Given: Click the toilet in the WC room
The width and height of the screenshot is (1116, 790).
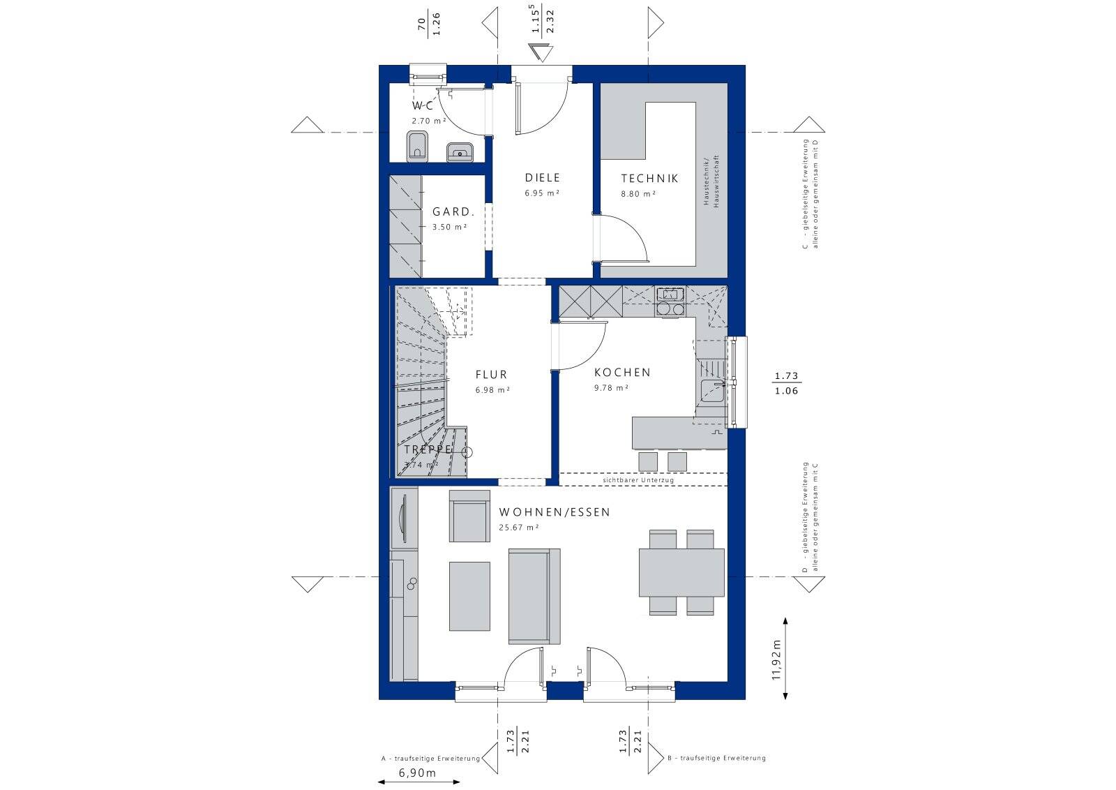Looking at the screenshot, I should click(417, 146).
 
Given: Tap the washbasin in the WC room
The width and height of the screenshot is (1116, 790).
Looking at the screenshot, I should click(459, 151).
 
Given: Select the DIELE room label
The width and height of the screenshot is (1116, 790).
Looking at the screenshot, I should click(543, 178).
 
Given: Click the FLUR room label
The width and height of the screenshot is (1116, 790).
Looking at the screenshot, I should click(492, 375).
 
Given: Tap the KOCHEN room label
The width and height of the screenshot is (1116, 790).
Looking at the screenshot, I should click(622, 373).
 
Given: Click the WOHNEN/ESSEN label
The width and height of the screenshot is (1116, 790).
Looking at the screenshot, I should click(555, 512).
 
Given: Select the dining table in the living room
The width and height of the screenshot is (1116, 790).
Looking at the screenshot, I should click(681, 572).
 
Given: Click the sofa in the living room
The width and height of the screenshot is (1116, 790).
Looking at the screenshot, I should click(534, 596).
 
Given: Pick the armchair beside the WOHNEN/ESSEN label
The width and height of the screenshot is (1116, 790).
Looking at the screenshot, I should click(469, 516).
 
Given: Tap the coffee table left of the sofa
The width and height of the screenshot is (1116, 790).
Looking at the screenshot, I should click(469, 596).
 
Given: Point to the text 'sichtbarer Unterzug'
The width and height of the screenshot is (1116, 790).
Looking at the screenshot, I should click(638, 480).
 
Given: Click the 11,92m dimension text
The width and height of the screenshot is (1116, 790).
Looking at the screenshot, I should click(776, 658).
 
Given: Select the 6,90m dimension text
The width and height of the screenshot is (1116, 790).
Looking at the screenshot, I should click(417, 773).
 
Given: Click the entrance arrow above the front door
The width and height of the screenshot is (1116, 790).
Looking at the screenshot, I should click(540, 52).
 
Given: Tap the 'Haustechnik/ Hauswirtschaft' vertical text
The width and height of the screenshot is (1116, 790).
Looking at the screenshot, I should click(710, 180).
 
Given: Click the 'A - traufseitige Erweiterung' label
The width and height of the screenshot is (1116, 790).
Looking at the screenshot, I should click(430, 758).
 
